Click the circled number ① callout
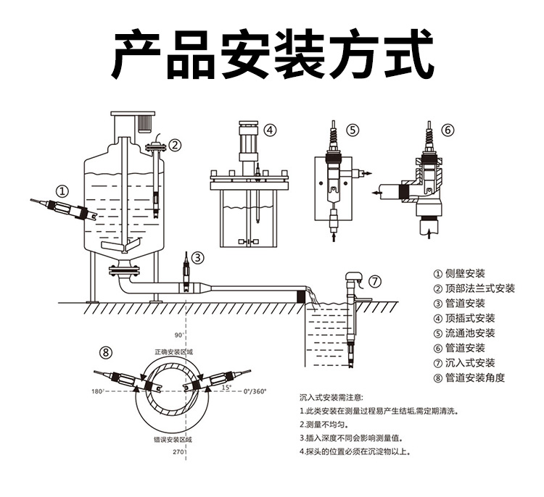62,191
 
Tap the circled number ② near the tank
175,144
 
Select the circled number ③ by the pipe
197,256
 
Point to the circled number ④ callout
270,130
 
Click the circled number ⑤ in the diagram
353,130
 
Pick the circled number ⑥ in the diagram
448,130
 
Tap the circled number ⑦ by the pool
374,281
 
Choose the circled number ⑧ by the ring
107,353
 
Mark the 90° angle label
180,335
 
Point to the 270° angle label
179,451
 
